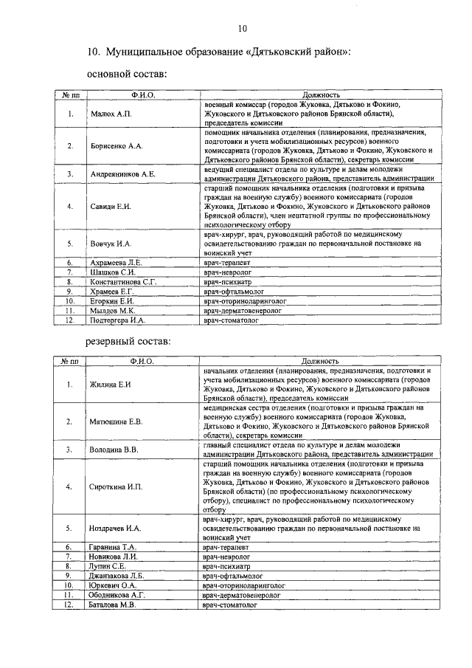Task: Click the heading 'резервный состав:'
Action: pos(128,342)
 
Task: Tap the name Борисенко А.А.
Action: pos(114,146)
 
